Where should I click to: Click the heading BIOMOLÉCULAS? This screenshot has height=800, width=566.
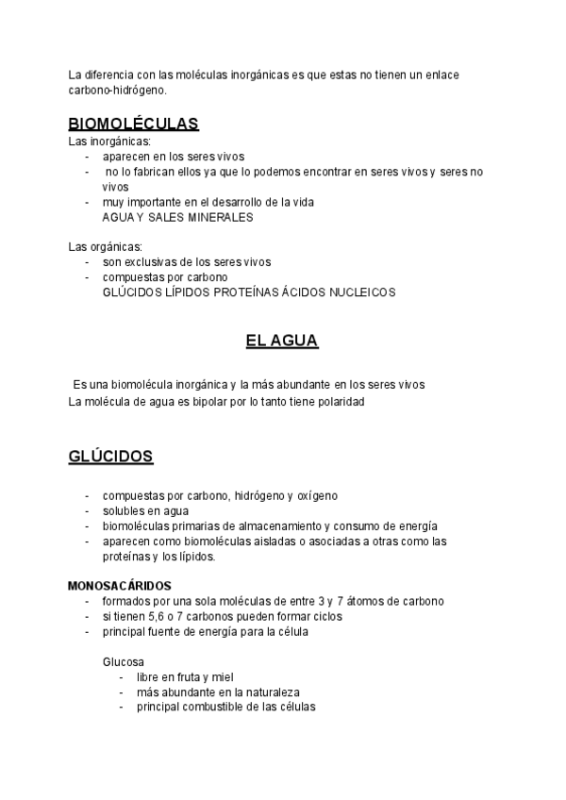[x=133, y=124]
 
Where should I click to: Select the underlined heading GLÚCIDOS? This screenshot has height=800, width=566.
[x=110, y=457]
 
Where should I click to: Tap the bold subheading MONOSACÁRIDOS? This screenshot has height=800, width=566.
[x=120, y=585]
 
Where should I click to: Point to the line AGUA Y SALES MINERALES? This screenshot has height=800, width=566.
[x=177, y=216]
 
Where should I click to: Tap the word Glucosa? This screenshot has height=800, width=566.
[x=123, y=662]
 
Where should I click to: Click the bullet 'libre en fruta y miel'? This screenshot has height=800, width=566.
[x=185, y=676]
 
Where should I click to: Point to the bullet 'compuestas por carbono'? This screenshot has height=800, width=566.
[x=165, y=277]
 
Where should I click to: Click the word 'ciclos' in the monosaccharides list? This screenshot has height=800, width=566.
[x=322, y=616]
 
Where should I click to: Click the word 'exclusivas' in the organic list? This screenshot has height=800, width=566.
[x=154, y=262]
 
